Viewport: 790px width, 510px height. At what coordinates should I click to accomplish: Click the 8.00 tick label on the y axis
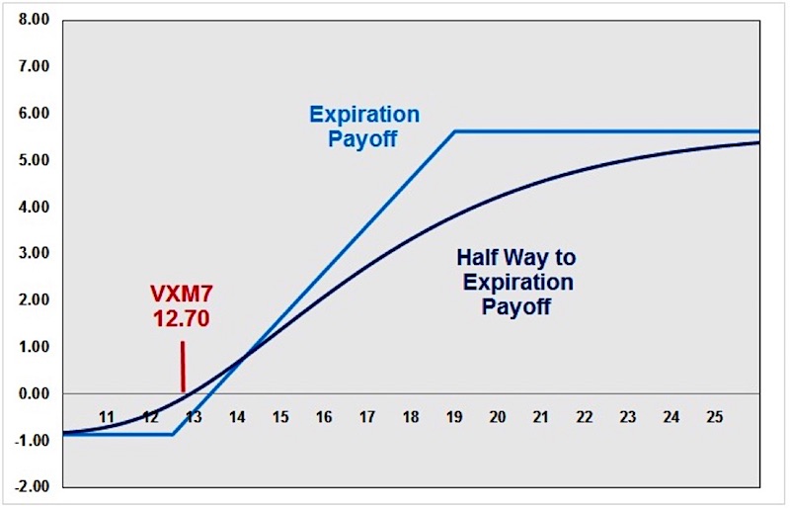tap(35, 20)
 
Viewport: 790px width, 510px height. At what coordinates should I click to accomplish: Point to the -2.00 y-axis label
tap(32, 487)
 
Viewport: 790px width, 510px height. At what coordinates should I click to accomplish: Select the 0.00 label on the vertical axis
tap(35, 393)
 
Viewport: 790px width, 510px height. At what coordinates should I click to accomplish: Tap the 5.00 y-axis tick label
tap(35, 160)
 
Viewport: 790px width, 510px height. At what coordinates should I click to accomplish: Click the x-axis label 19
tap(454, 417)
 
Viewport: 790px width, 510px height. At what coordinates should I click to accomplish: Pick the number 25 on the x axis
tap(714, 417)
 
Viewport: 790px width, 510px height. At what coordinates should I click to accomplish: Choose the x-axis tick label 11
tap(107, 417)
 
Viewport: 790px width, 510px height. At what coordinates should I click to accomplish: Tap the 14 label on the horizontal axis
tap(237, 417)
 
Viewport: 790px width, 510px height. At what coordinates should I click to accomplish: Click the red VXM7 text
tap(182, 295)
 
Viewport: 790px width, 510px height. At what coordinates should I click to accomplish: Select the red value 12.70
tap(182, 319)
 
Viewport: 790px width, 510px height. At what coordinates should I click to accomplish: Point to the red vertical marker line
tap(183, 367)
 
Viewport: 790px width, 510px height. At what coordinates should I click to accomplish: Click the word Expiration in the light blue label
tap(364, 115)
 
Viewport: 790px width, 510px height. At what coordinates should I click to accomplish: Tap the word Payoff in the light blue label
tap(362, 139)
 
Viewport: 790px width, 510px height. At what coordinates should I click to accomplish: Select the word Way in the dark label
tap(524, 259)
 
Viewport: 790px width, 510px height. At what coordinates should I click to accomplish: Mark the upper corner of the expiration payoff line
tap(454, 131)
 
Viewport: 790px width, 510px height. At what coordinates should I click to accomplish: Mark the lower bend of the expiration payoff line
tap(174, 434)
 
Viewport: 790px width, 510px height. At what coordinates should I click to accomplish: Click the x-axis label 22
tap(584, 417)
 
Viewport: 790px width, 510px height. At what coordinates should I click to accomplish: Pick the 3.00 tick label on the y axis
tap(35, 253)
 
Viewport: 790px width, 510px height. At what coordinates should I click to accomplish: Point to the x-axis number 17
tap(367, 417)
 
